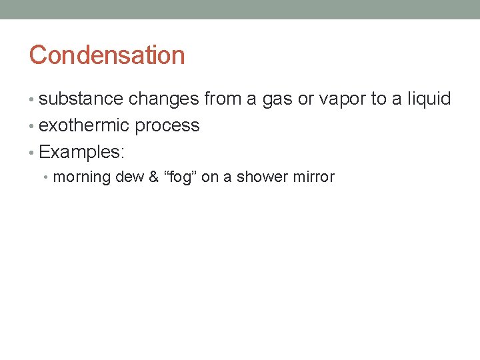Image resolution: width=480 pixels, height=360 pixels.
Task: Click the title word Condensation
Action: pos(107,55)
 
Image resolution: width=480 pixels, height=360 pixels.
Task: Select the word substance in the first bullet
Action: pos(81,99)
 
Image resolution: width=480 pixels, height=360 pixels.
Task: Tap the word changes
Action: pos(163,99)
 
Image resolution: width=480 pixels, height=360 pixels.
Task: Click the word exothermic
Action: pos(85,126)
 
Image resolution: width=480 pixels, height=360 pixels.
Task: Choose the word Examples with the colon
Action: pos(82,153)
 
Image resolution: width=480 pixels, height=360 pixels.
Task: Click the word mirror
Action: pos(314,177)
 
